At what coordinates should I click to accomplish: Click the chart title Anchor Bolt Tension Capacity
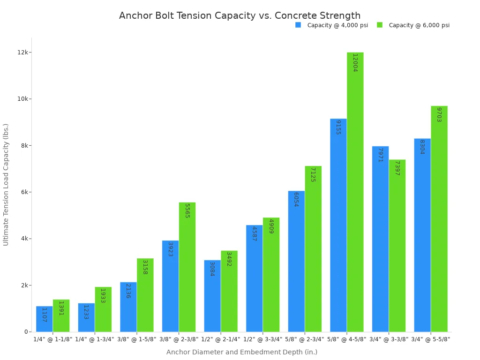pyautogui.click(x=240, y=16)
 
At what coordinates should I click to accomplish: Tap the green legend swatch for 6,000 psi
pyautogui.click(x=380, y=25)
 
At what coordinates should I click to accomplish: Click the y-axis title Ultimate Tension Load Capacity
pyautogui.click(x=6, y=184)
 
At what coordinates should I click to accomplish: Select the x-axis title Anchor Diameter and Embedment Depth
pyautogui.click(x=241, y=352)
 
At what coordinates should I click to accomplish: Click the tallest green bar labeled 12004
pyautogui.click(x=355, y=192)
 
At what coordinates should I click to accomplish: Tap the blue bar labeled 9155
pyautogui.click(x=338, y=225)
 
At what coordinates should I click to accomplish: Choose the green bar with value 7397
pyautogui.click(x=397, y=246)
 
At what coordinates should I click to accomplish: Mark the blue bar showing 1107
pyautogui.click(x=44, y=319)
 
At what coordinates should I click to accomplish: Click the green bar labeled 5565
pyautogui.click(x=187, y=267)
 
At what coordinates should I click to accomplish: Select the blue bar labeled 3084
pyautogui.click(x=212, y=296)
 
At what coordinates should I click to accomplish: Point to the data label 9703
pyautogui.click(x=439, y=115)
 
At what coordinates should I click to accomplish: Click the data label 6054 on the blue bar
pyautogui.click(x=296, y=200)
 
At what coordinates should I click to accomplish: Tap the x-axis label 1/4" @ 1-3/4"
pyautogui.click(x=95, y=339)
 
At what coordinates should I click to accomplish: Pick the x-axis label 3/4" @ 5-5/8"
pyautogui.click(x=431, y=339)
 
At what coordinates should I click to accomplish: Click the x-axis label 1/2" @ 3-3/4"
pyautogui.click(x=263, y=339)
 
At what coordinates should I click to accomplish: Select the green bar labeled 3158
pyautogui.click(x=145, y=295)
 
